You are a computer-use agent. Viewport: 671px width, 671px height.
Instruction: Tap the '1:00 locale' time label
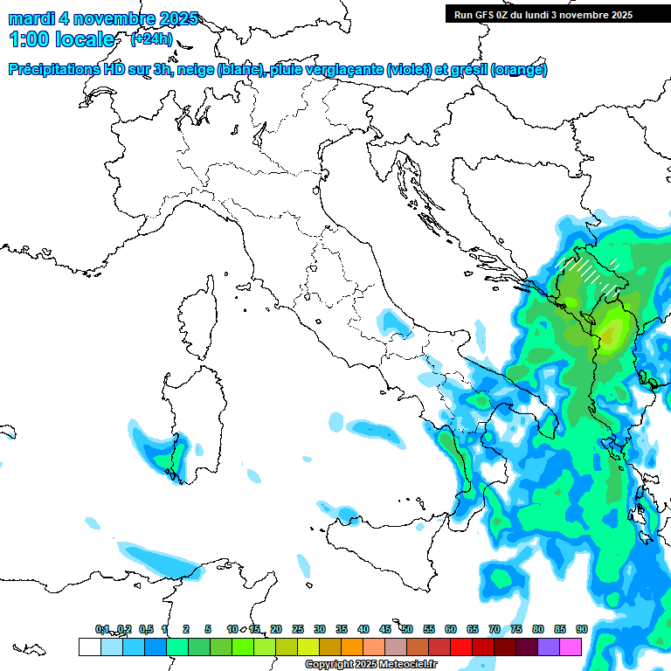[61, 39]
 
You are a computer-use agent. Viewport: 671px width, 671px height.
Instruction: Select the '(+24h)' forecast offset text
[151, 38]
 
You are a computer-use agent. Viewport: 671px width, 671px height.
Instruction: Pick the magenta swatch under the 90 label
[571, 647]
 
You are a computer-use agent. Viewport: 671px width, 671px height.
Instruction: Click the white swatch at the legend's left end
[89, 647]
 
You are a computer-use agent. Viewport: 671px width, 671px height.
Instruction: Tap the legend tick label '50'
[407, 629]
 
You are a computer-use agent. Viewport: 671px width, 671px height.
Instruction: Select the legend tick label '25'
[298, 629]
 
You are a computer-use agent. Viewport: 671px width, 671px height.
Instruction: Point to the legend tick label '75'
[516, 629]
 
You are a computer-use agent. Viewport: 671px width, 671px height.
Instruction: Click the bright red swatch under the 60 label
[461, 647]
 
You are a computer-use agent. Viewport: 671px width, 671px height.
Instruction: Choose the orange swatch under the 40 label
[352, 647]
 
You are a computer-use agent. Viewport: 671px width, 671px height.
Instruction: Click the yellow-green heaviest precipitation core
[611, 330]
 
